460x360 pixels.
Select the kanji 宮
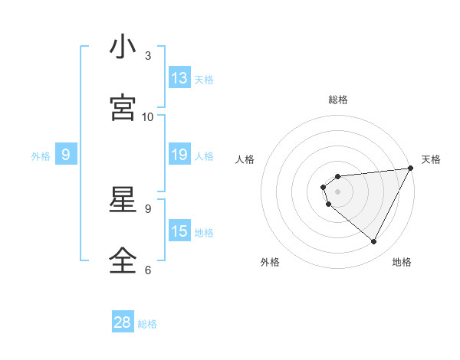coord(123,108)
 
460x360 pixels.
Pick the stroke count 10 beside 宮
coord(148,116)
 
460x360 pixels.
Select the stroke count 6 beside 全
coord(147,270)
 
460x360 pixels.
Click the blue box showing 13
coord(179,78)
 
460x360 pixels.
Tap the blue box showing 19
coord(179,155)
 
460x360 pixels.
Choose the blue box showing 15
coord(179,231)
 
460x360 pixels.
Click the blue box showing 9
coord(66,155)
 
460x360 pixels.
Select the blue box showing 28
coord(123,322)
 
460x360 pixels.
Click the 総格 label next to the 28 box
coord(147,324)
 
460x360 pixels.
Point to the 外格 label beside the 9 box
coord(41,156)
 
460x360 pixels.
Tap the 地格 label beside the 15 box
coord(204,233)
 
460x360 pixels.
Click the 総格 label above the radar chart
coord(338,100)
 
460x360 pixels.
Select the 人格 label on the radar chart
coord(245,159)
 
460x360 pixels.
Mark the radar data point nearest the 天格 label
coord(410,169)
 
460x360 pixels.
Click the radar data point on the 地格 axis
coord(374,242)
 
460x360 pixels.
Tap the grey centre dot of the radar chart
coord(338,191)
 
